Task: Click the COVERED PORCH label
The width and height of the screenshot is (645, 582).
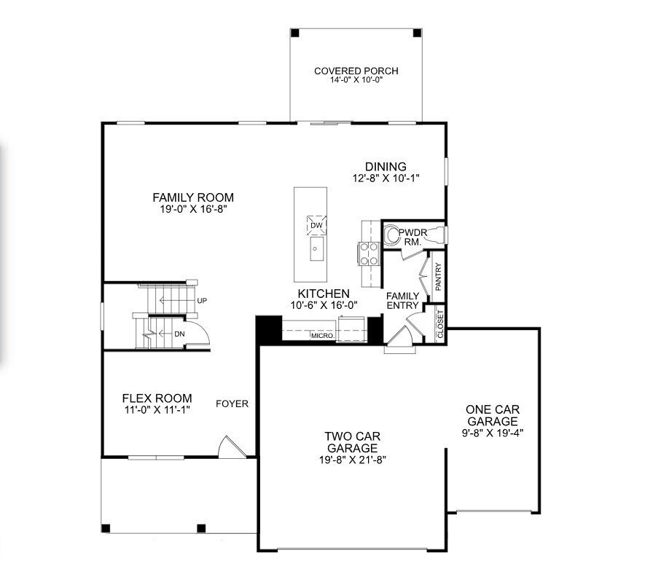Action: point(356,71)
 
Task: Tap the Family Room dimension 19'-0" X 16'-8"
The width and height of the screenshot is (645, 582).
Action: point(192,209)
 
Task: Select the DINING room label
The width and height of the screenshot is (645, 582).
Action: point(386,167)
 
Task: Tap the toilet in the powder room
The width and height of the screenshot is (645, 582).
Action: point(394,234)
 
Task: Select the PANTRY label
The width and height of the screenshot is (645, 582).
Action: point(439,278)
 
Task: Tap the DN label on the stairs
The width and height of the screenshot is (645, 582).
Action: point(179,334)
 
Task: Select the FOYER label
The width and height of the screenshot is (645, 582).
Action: point(232,404)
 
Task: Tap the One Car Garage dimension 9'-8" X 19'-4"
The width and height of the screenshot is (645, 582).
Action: point(492,432)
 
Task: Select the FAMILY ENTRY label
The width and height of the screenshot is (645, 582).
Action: point(402,300)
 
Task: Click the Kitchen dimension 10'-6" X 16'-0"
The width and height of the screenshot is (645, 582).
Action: point(323,305)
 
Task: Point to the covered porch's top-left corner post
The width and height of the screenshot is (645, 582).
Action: point(294,33)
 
